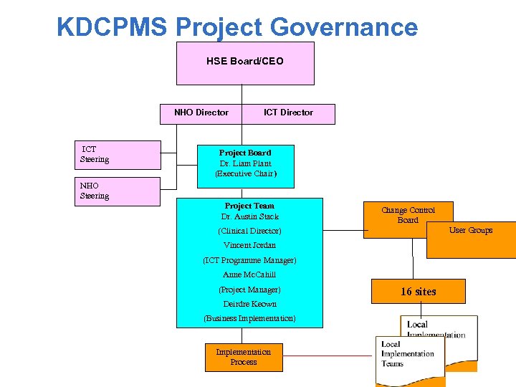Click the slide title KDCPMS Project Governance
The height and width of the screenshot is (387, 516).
[x=236, y=27]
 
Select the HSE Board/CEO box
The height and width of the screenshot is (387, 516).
[x=245, y=62]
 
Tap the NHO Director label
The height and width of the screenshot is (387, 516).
[x=201, y=113]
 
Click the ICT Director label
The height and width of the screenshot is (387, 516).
[x=288, y=113]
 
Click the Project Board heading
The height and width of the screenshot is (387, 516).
[x=245, y=153]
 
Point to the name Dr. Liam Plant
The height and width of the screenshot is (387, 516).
[x=245, y=163]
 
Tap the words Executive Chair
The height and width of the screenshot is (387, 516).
[x=245, y=173]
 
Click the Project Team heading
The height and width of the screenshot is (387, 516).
[x=249, y=206]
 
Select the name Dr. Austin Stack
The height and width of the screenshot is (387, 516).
[x=249, y=216]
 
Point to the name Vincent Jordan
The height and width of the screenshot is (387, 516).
[x=249, y=245]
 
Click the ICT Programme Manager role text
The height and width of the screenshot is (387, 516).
[x=249, y=260]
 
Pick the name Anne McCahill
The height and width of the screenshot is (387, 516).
[x=249, y=274]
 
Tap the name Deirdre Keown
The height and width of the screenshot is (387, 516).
[x=249, y=304]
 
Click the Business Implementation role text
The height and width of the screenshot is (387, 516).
[x=249, y=318]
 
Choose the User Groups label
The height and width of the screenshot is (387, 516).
[x=471, y=230]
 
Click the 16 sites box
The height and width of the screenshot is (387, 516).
[x=418, y=292]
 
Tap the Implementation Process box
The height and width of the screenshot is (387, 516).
[x=244, y=357]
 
